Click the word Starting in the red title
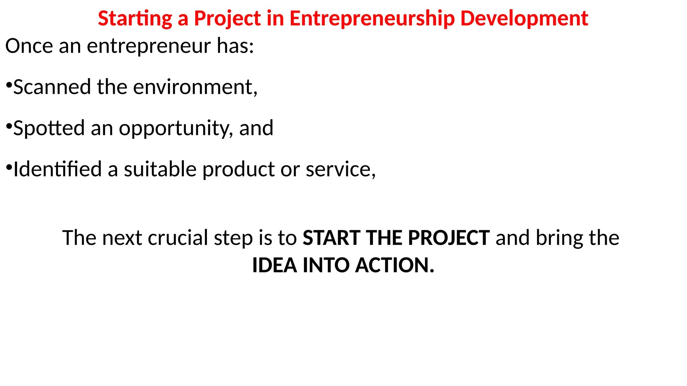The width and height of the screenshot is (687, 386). coord(135,18)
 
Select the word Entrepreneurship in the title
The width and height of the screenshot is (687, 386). coord(372,18)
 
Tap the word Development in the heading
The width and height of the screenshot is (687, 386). coord(524,18)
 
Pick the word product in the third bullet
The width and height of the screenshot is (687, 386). coord(239,170)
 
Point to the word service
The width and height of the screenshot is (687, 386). coord(340,170)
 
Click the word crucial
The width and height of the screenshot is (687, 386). coord(178,238)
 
